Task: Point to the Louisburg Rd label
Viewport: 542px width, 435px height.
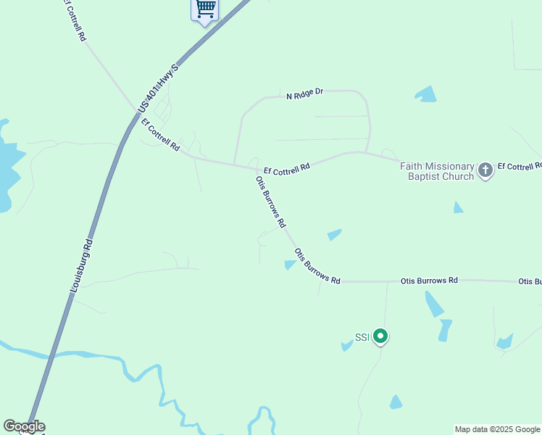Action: tap(82, 265)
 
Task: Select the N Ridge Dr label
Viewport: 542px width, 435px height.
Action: tap(304, 94)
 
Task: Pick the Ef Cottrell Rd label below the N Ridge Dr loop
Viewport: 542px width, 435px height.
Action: tap(286, 169)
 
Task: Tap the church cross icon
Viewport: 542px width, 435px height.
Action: tap(485, 171)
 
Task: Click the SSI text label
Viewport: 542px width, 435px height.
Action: tap(362, 337)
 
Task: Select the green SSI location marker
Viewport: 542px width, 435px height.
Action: tap(380, 336)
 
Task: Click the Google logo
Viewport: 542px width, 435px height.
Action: tap(24, 426)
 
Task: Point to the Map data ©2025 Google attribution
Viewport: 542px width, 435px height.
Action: tap(497, 429)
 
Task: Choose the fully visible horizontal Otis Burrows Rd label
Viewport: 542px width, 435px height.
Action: tap(430, 280)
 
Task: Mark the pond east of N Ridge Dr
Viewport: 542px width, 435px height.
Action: tap(426, 94)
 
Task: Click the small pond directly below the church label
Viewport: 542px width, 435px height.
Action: tap(458, 207)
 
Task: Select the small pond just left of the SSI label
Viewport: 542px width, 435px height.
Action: tap(347, 346)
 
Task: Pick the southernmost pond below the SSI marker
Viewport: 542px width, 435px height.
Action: tap(396, 402)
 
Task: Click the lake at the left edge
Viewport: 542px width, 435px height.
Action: tap(9, 167)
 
